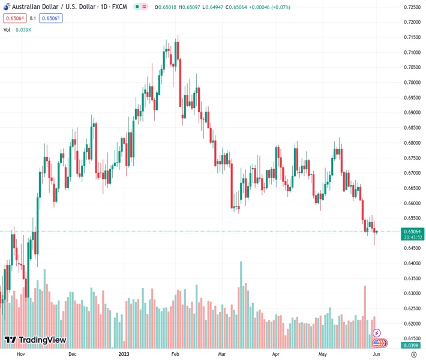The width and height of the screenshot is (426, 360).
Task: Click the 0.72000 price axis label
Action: click(x=412, y=22)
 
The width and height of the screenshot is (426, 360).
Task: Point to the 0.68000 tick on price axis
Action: click(x=412, y=143)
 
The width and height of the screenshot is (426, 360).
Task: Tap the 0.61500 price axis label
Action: click(x=412, y=339)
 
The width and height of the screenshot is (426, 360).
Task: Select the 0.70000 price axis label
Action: click(x=412, y=82)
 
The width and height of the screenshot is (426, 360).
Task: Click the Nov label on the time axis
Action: click(x=20, y=354)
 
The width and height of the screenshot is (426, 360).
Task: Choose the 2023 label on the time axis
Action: click(x=124, y=354)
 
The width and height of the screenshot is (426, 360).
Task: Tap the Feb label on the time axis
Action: click(x=175, y=354)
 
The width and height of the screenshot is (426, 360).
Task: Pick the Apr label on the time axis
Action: click(x=276, y=354)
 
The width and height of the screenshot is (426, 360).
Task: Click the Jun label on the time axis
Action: click(x=375, y=354)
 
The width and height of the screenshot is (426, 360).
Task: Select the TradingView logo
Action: click(x=35, y=340)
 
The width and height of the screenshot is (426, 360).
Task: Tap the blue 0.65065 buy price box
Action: click(x=50, y=18)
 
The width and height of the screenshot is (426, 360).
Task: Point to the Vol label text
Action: click(x=7, y=29)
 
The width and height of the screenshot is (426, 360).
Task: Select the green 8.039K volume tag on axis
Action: click(x=411, y=346)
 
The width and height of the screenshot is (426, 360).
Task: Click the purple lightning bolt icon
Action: click(x=377, y=333)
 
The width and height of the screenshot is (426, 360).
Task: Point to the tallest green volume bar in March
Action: click(x=241, y=305)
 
